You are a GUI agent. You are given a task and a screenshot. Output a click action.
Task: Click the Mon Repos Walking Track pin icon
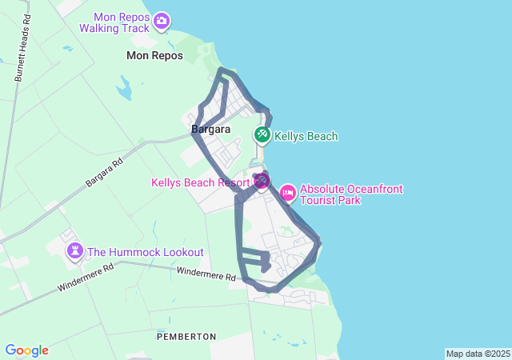click(x=162, y=21)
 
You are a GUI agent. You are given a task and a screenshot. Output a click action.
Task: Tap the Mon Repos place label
click(x=154, y=56)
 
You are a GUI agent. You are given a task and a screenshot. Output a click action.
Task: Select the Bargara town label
click(x=210, y=129)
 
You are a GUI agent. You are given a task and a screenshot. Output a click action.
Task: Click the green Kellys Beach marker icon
click(x=262, y=135)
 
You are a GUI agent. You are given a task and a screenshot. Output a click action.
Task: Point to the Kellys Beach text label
click(x=306, y=137)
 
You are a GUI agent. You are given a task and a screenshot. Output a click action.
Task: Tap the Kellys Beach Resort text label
click(x=200, y=183)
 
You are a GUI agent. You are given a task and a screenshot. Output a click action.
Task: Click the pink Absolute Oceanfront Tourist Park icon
click(x=287, y=193)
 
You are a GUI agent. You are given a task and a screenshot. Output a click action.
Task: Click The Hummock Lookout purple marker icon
click(x=75, y=251)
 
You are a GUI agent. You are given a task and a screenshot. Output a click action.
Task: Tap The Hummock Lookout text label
click(x=145, y=252)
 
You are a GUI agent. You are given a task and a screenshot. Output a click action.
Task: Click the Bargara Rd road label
click(x=104, y=173)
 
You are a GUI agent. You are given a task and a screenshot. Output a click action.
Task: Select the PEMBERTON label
click(x=186, y=337)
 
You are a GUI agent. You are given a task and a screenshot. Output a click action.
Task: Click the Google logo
click(x=26, y=350)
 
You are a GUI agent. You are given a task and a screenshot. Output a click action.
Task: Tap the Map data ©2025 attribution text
click(x=478, y=354)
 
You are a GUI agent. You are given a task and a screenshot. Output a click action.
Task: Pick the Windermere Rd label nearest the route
click(x=206, y=274)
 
